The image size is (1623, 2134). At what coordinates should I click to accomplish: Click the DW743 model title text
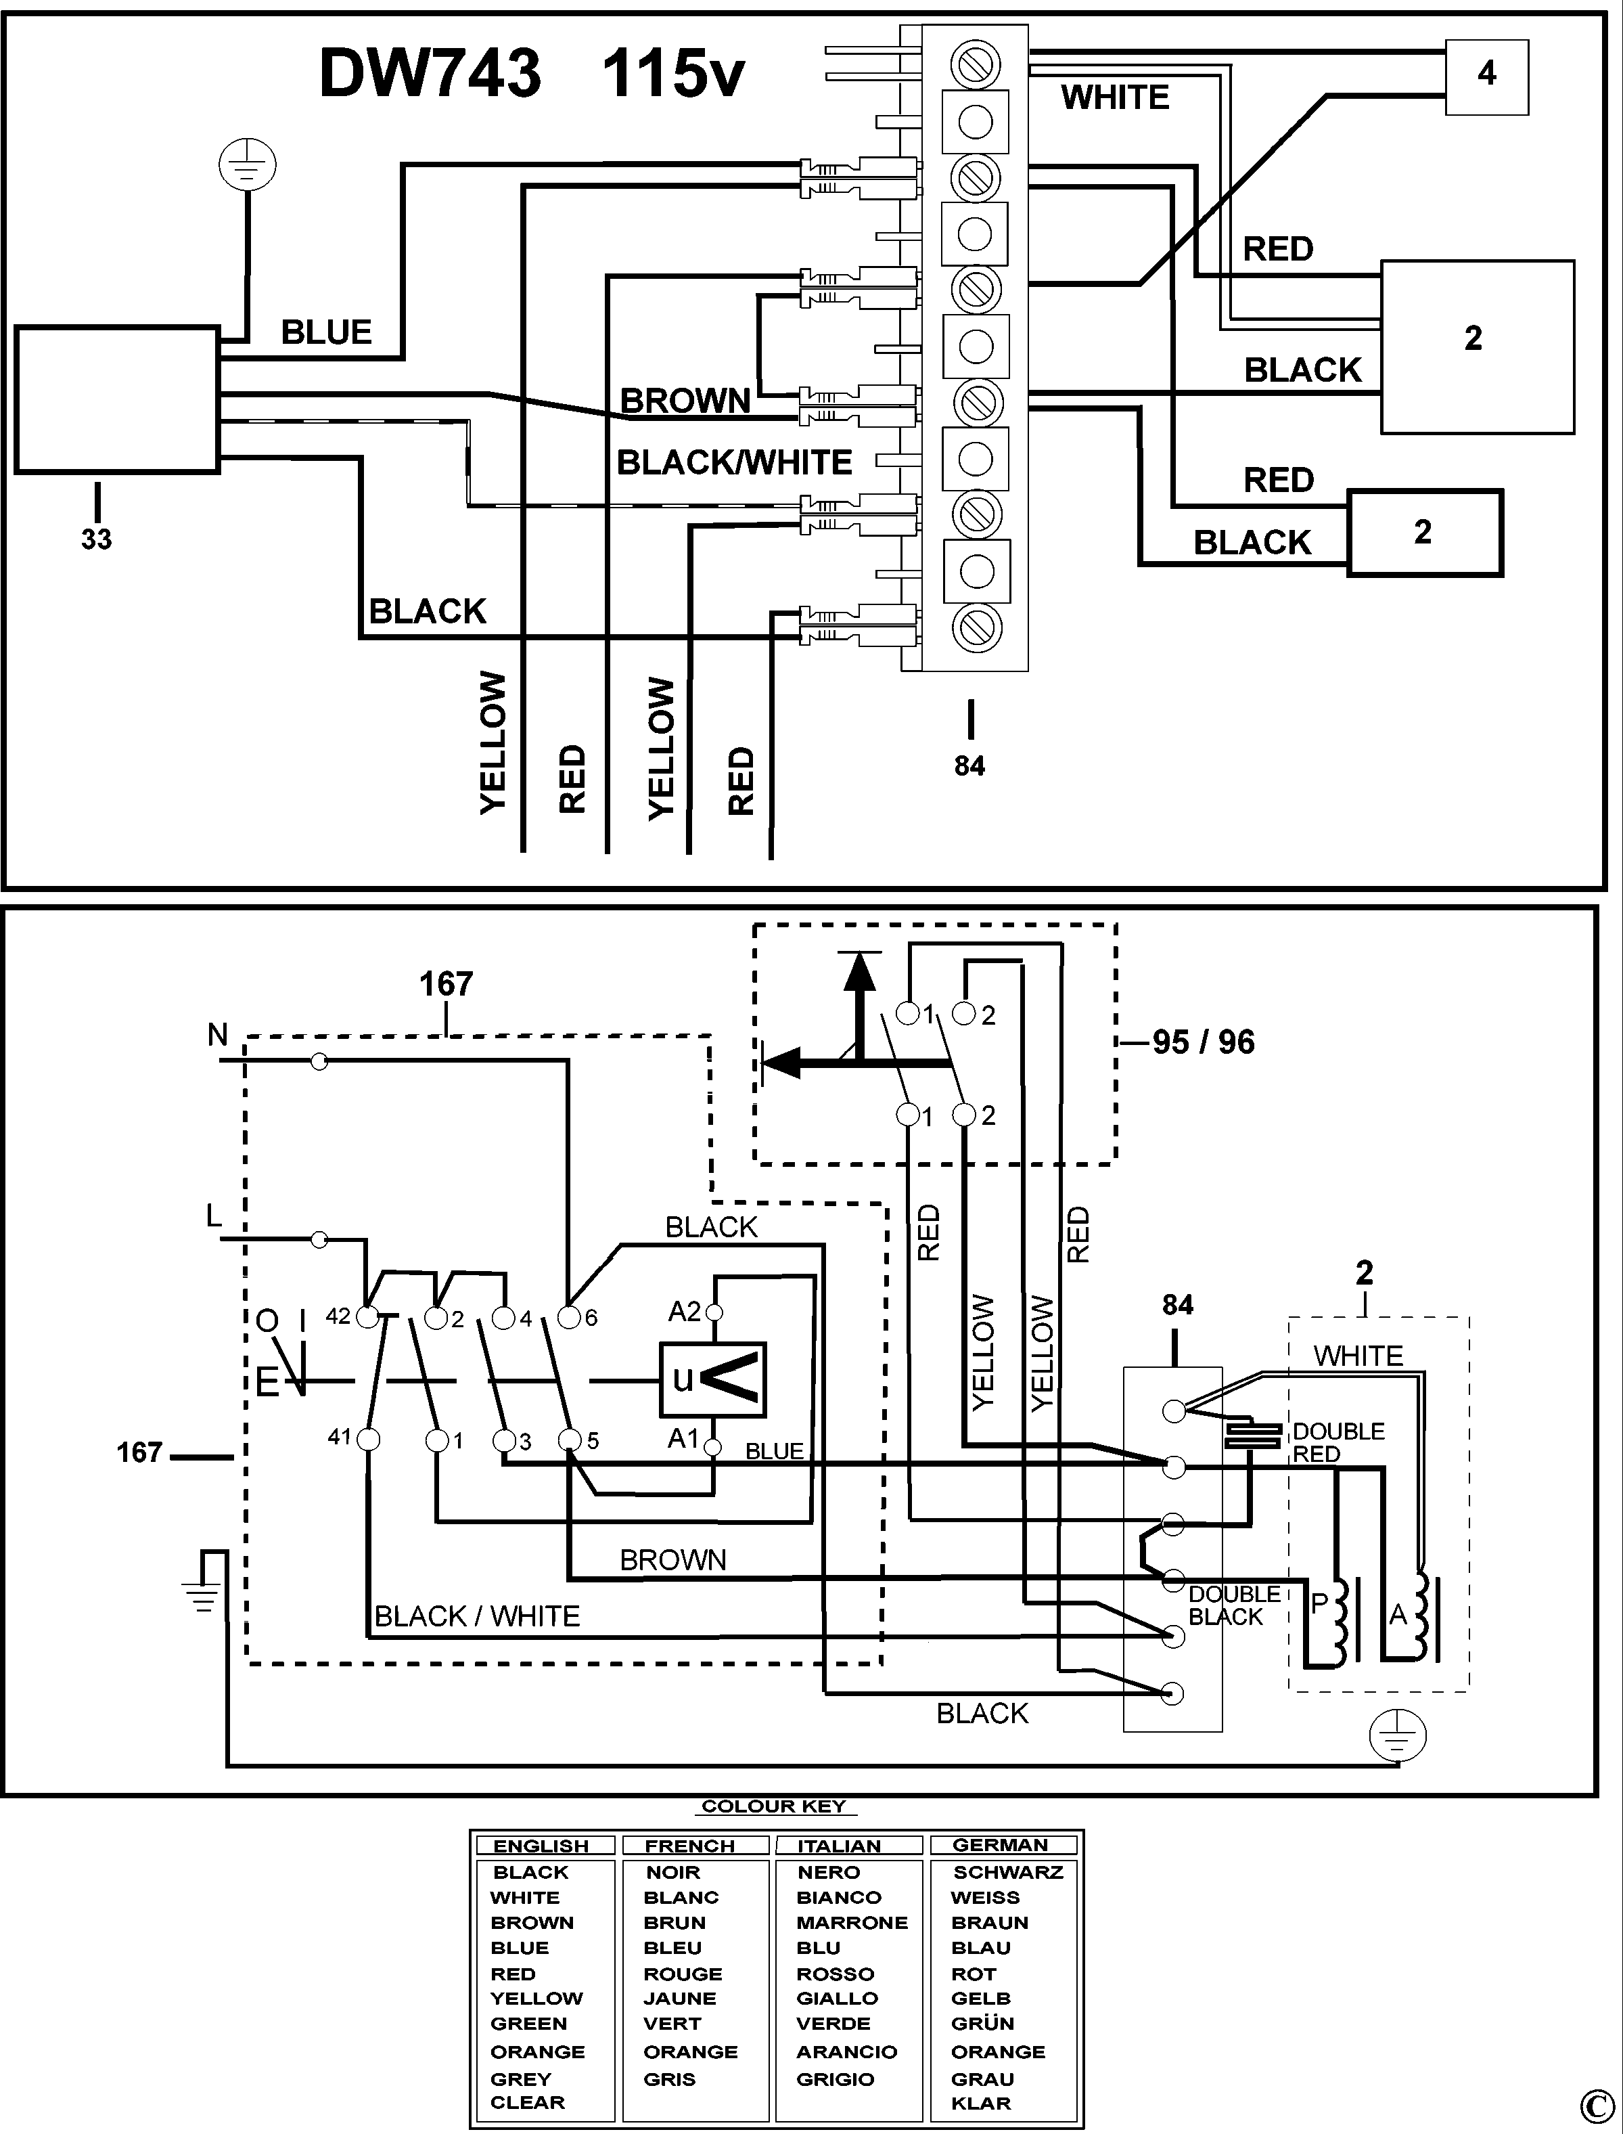(x=430, y=74)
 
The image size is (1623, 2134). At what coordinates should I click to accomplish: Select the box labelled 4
(x=1486, y=77)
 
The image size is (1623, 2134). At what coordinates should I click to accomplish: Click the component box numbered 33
(x=116, y=400)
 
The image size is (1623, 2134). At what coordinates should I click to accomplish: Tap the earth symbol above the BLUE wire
(x=248, y=165)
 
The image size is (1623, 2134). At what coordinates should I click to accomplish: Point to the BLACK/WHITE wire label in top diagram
(x=734, y=462)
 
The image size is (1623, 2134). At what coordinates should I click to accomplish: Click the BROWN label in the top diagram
(x=685, y=400)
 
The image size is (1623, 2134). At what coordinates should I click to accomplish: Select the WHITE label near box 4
(x=1115, y=97)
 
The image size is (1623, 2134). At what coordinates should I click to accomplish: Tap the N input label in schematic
(x=217, y=1035)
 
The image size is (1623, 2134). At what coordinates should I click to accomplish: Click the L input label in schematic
(x=214, y=1216)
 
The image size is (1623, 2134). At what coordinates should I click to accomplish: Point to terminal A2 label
(x=685, y=1312)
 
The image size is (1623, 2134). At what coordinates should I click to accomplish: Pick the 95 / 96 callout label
(x=1203, y=1042)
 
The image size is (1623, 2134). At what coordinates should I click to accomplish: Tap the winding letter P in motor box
(x=1319, y=1604)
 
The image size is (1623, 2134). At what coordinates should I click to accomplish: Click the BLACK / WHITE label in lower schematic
(x=477, y=1616)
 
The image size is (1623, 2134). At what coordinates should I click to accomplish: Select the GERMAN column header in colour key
(x=1000, y=1844)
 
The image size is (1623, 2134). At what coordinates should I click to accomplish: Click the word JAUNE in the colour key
(x=679, y=1998)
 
